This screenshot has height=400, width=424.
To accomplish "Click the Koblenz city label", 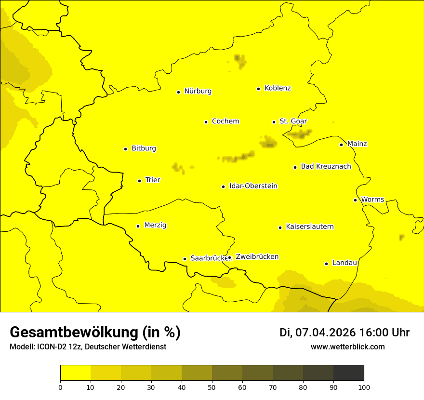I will coord(278,88).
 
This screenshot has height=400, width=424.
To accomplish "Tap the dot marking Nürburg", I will coord(178,92).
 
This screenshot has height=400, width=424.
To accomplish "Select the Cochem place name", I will coord(225,121).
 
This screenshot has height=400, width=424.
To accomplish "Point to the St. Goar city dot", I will coord(274,122).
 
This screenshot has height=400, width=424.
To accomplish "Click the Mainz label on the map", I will coord(357,144).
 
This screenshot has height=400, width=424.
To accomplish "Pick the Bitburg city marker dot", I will coord(125,149).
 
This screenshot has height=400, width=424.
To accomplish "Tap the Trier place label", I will coord(153,180).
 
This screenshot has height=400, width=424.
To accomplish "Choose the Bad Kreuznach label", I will coord(326,167).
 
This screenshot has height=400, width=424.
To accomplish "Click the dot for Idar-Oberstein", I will coord(223,187).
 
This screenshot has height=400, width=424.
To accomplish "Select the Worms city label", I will coord(372,200).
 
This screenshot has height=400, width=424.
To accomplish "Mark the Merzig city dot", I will coord(138,226).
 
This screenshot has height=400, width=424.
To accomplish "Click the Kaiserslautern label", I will coord(310,227).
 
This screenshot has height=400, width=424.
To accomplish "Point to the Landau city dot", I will coord(326,264).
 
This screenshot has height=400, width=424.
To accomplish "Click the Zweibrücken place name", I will coord(257,257).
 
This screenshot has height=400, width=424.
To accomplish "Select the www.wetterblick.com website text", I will coord(348,347).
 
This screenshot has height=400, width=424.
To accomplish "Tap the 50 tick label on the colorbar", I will coord(212,387).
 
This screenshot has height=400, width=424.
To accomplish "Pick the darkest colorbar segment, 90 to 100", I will coord(348,373).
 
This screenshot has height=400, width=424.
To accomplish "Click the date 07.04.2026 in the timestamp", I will coord(325,333).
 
